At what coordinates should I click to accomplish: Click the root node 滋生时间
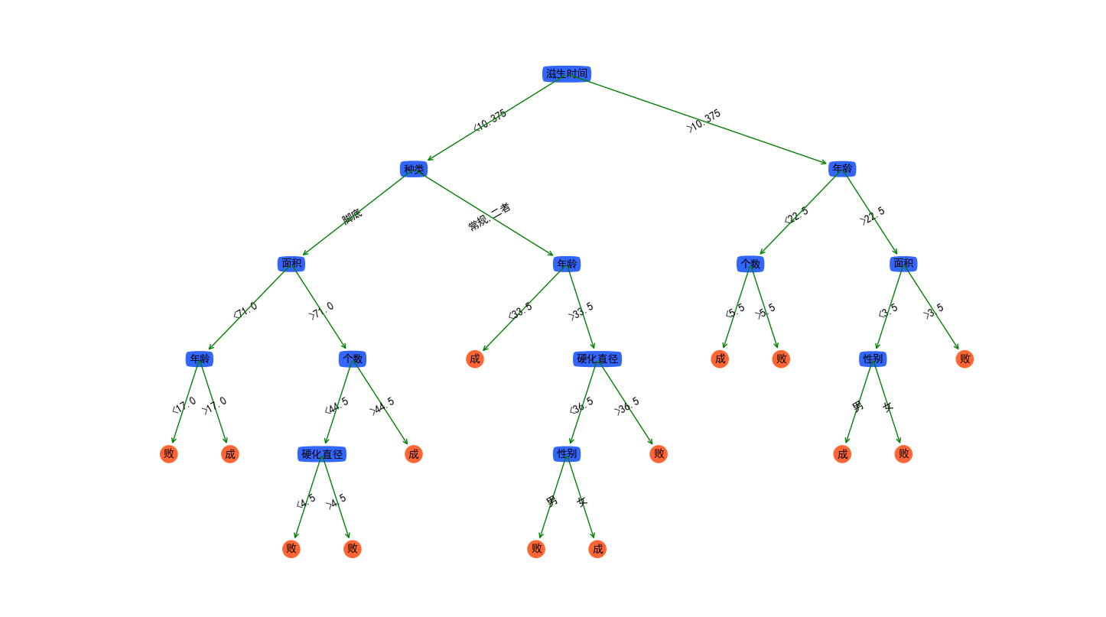(x=567, y=73)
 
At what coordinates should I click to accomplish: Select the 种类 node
(x=414, y=169)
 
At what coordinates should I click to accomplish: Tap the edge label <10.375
(x=490, y=120)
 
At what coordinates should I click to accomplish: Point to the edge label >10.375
(x=704, y=121)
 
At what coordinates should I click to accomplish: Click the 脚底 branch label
(x=352, y=216)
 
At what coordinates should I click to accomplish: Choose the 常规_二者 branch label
(x=490, y=216)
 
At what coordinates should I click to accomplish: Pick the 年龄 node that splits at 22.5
(x=842, y=169)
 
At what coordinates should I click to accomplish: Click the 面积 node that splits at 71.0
(x=291, y=264)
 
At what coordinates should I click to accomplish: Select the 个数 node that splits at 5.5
(x=750, y=264)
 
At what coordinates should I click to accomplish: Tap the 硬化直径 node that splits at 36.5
(x=597, y=359)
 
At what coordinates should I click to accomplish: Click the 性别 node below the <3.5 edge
(x=873, y=359)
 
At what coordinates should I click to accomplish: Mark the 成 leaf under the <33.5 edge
(x=475, y=359)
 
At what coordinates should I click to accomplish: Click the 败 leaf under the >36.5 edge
(x=659, y=454)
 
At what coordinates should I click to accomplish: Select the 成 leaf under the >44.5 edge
(x=414, y=454)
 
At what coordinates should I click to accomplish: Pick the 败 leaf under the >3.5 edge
(x=964, y=359)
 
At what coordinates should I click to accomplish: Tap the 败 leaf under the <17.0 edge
(x=169, y=454)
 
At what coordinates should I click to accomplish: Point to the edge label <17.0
(x=184, y=405)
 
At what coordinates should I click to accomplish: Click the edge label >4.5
(x=336, y=501)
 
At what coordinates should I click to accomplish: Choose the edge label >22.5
(x=872, y=216)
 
